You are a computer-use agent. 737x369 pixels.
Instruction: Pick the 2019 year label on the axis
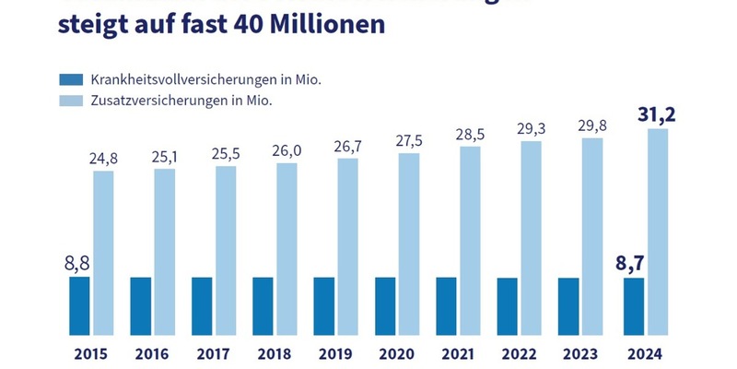[x=334, y=352]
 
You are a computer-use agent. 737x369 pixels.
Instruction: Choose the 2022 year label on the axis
[x=518, y=352]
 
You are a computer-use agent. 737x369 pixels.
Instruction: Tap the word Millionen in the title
[x=321, y=24]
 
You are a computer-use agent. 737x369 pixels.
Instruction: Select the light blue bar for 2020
[x=409, y=244]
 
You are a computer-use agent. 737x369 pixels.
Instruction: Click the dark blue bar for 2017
[x=202, y=305]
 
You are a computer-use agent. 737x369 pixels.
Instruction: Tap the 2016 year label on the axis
[x=151, y=352]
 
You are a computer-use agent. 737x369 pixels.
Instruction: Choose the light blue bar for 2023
[x=592, y=235]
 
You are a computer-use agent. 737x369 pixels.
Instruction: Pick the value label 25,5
[x=227, y=152]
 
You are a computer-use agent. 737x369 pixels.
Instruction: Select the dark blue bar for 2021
[x=446, y=305]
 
